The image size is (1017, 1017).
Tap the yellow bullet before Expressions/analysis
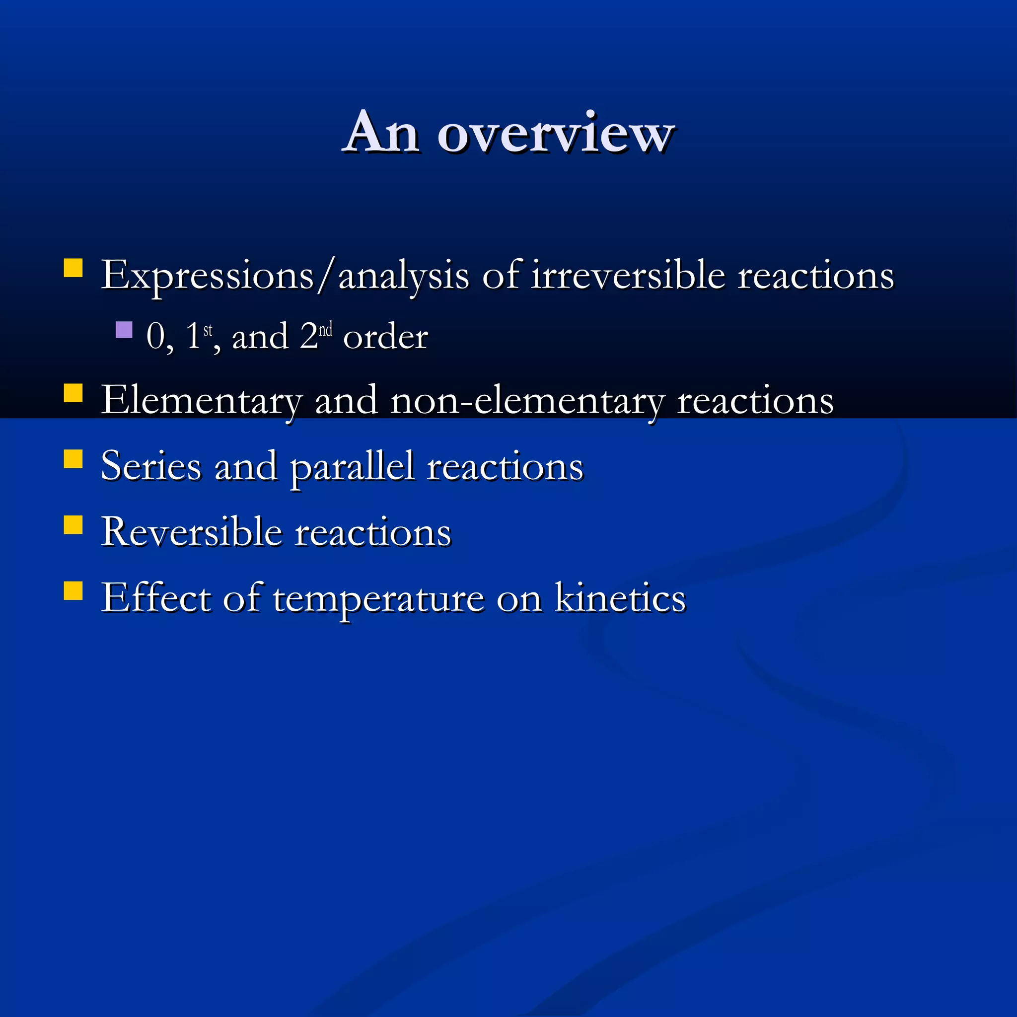(73, 268)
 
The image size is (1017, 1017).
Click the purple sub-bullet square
(124, 330)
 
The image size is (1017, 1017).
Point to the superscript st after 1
(208, 330)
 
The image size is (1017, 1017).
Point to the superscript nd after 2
(325, 330)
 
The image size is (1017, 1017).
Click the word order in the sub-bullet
(385, 337)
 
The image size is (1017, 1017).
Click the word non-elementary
(527, 401)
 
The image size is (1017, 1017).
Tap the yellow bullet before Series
(73, 459)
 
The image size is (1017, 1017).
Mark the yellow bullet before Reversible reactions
(73, 525)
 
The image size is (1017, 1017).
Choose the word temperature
(378, 598)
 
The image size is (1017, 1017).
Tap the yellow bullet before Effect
(73, 590)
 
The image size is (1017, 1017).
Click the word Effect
(156, 598)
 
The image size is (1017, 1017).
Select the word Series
(151, 466)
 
